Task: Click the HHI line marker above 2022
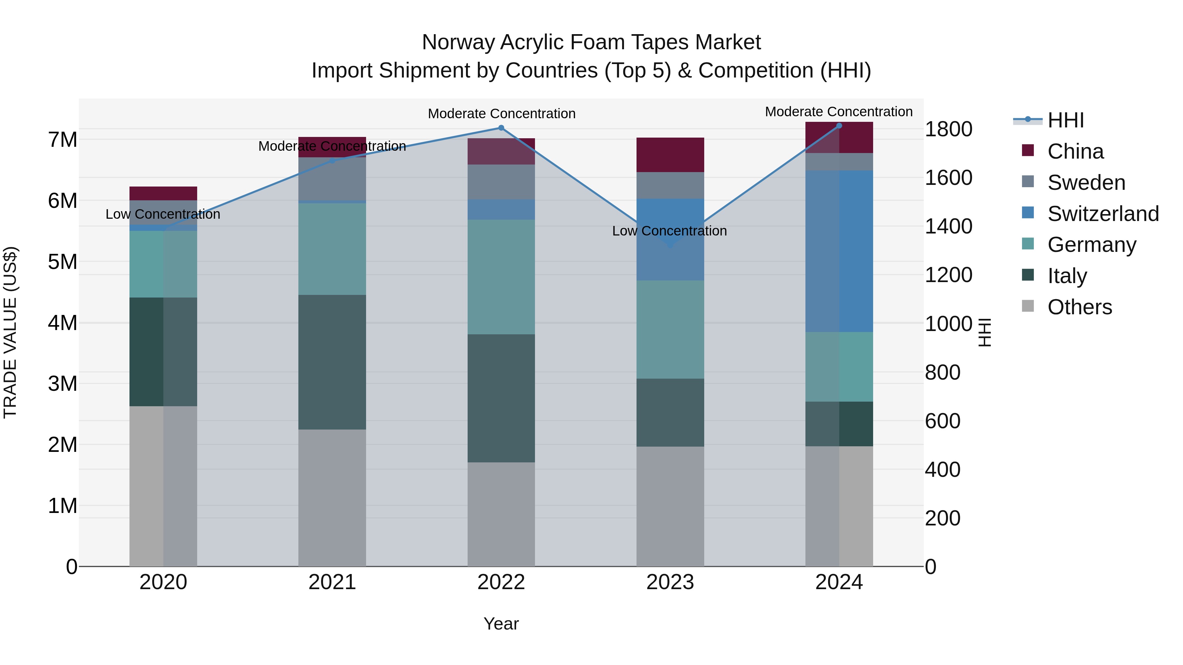click(x=501, y=128)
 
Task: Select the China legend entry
click(x=1075, y=151)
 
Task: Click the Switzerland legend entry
click(x=1102, y=214)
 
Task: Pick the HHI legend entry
click(x=1065, y=120)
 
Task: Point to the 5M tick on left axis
click(x=63, y=262)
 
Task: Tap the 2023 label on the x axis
click(x=670, y=582)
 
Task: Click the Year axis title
click(x=501, y=624)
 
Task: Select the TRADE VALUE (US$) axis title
click(x=10, y=332)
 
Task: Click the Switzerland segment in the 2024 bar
click(x=839, y=251)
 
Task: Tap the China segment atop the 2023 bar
click(x=670, y=155)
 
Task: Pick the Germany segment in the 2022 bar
click(x=501, y=277)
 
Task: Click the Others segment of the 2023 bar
click(x=670, y=506)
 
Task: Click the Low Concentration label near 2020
click(x=163, y=214)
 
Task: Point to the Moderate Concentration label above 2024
click(x=839, y=112)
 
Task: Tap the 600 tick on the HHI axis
click(x=942, y=421)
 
